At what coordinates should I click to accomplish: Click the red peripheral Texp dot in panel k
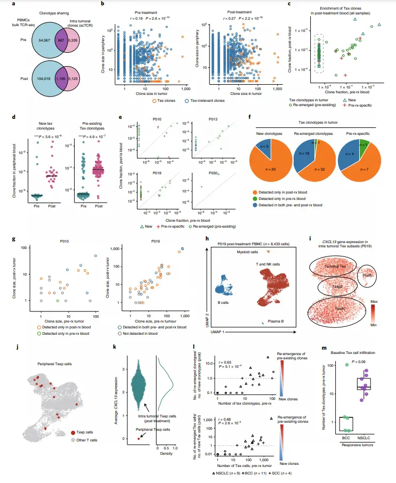(139, 438)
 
